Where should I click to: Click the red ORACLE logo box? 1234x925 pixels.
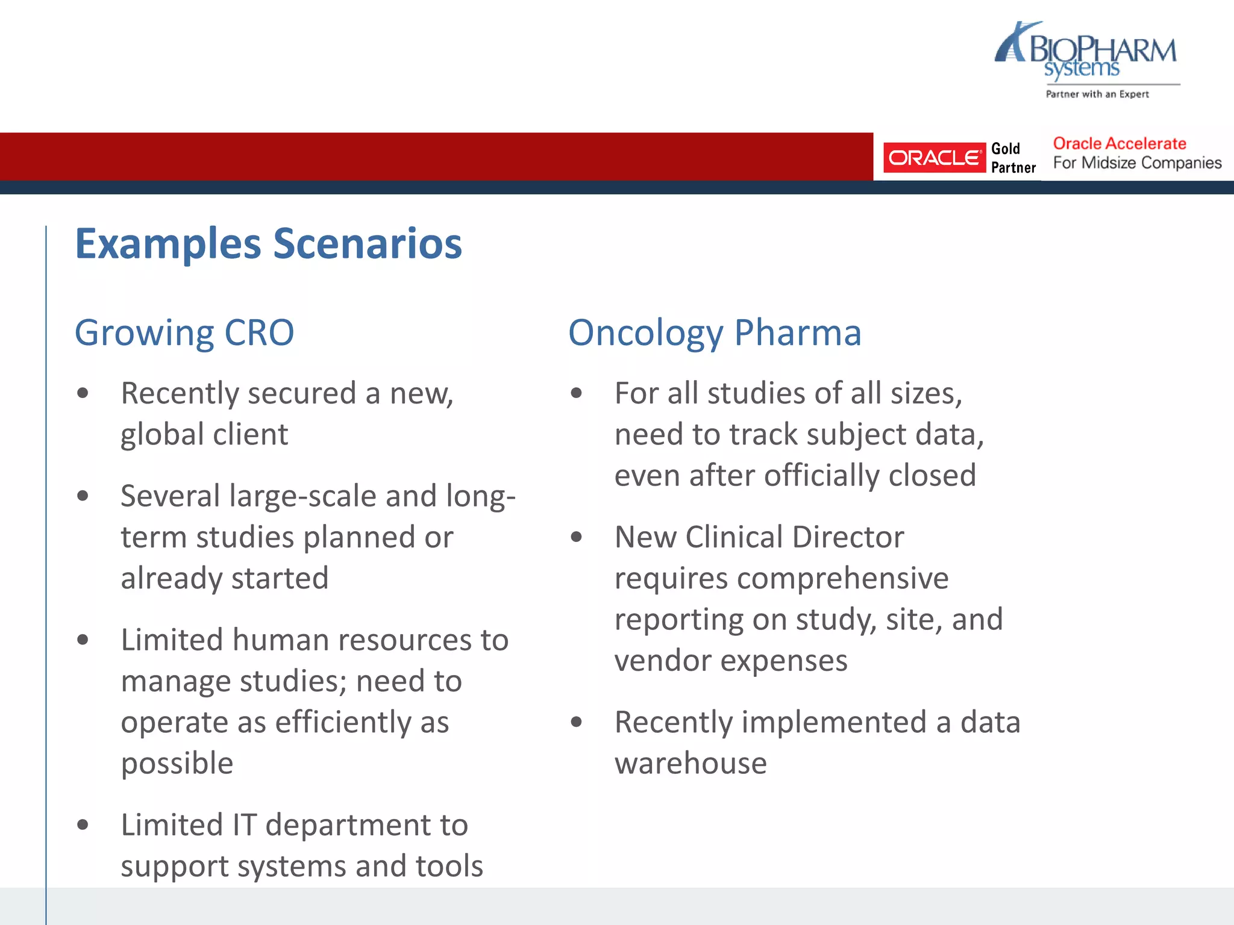(934, 158)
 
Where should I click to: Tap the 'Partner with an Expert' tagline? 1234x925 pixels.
(1097, 94)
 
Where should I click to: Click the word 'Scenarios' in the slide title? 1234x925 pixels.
(368, 244)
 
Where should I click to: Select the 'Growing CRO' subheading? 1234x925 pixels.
(184, 332)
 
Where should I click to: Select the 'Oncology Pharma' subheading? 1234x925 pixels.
(715, 332)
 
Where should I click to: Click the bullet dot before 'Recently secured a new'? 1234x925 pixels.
(83, 394)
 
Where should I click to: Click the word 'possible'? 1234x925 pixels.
(177, 764)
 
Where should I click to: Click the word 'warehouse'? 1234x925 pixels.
(691, 764)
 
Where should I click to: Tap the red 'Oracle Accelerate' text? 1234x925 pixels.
(1119, 143)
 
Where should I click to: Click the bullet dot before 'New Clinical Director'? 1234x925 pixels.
(577, 537)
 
